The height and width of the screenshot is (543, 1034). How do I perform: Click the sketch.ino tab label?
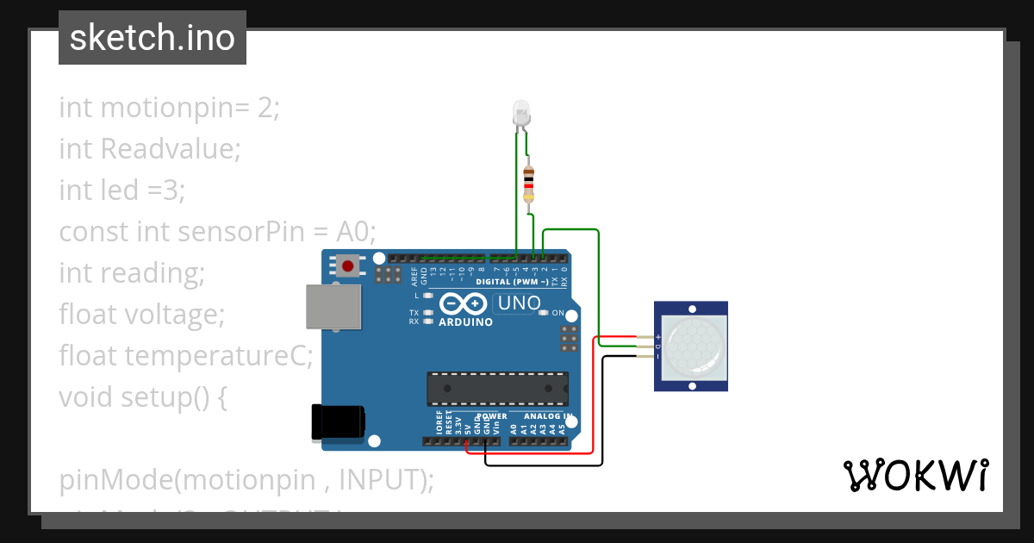[153, 38]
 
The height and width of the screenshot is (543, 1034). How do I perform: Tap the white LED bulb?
[522, 113]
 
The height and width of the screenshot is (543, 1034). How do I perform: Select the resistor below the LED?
[529, 183]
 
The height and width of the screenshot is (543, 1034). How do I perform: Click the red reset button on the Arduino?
[347, 265]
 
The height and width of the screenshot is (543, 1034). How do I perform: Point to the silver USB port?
[333, 307]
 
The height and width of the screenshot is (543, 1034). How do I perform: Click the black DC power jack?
[338, 421]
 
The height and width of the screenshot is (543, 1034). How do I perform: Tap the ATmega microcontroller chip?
[498, 389]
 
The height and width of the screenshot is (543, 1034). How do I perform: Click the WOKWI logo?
[915, 475]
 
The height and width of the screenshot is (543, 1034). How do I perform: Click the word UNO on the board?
[519, 303]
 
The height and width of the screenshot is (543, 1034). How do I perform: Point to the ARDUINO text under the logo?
[465, 322]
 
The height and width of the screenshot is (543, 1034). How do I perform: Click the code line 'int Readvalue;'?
[150, 149]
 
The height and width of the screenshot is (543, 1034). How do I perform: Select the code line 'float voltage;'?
[142, 314]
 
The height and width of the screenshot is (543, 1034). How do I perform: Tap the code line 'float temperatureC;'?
[186, 355]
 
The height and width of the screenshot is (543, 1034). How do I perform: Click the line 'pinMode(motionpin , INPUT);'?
[246, 479]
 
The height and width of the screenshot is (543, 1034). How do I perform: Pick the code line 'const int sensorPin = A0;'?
[218, 231]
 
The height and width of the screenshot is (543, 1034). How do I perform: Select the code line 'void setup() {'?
[143, 396]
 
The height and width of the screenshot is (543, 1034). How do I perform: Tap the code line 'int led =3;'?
[122, 190]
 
